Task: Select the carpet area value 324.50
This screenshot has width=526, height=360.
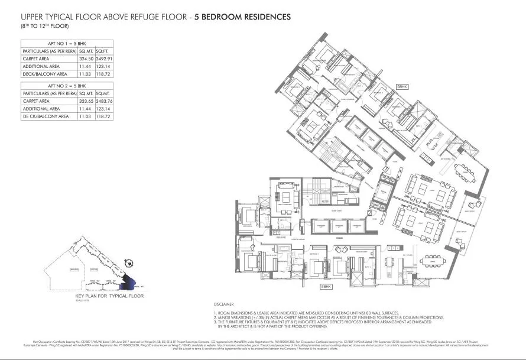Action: click(x=86, y=59)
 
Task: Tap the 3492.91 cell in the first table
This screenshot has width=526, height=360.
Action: click(x=105, y=59)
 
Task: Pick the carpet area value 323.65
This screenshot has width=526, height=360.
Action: click(x=86, y=101)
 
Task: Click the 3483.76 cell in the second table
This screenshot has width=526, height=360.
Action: click(x=105, y=101)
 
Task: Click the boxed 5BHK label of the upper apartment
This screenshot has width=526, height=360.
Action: click(x=402, y=86)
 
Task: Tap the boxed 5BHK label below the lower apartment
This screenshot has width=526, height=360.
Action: click(x=326, y=286)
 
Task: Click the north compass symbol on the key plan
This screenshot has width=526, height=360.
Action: click(x=126, y=265)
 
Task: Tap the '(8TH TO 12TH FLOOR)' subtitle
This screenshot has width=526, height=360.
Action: click(x=44, y=26)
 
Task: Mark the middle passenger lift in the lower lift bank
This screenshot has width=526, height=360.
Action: click(x=338, y=227)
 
